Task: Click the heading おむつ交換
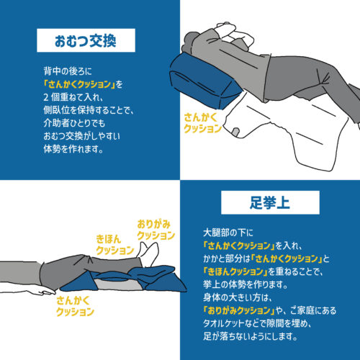coord(86,40)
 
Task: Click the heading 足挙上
coord(270,202)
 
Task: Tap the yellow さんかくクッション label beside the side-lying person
coord(202,123)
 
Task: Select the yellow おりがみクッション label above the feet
coord(156,230)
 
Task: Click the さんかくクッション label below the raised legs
coord(75,306)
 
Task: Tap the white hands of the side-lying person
coord(234,34)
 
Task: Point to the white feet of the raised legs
coord(150,254)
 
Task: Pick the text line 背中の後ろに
coord(68,71)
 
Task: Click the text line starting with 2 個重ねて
coord(73,97)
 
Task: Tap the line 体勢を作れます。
coord(73,149)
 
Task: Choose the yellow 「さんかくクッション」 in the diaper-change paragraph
coord(80,84)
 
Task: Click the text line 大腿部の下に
coord(228,233)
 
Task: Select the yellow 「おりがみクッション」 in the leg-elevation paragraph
coord(239,310)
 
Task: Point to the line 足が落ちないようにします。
coord(251,336)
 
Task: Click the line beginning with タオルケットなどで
coord(258,323)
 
